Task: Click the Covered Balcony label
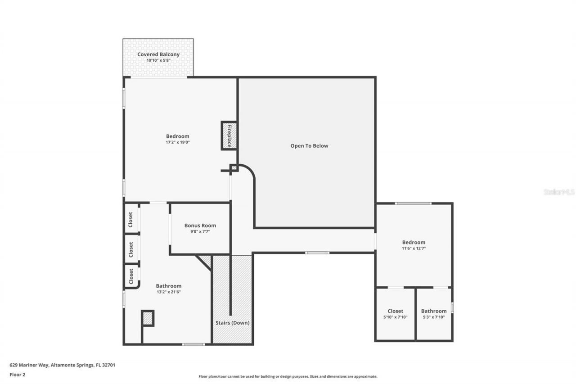click(158, 54)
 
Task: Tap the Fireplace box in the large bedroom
click(229, 136)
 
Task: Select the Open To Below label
click(309, 146)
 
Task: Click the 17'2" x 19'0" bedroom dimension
click(177, 142)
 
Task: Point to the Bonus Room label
click(200, 226)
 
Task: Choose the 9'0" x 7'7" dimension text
click(200, 231)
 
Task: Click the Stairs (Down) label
click(232, 323)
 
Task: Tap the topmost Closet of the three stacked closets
click(131, 219)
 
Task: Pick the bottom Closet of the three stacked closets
click(131, 276)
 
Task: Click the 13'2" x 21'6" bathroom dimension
click(169, 292)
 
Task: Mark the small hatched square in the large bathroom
click(148, 318)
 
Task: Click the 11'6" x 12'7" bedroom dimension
click(414, 248)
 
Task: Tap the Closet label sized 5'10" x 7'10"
click(396, 311)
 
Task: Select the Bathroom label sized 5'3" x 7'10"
click(434, 311)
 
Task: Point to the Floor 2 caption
click(18, 374)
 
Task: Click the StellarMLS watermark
click(559, 192)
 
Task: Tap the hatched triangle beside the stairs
click(206, 260)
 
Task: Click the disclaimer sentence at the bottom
click(288, 376)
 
